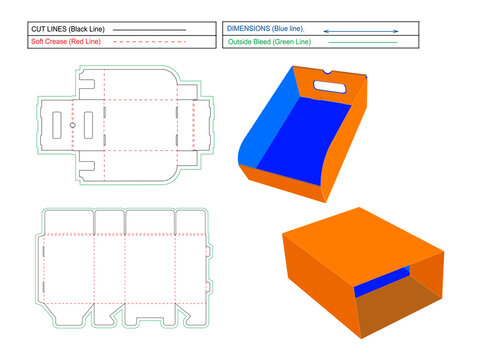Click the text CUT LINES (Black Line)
point(64,29)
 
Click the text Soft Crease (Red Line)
point(65,42)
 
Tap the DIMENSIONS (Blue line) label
point(266,29)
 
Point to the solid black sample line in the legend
point(149,30)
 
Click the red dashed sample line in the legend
point(149,43)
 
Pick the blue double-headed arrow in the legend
point(360,31)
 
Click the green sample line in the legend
point(362,43)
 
